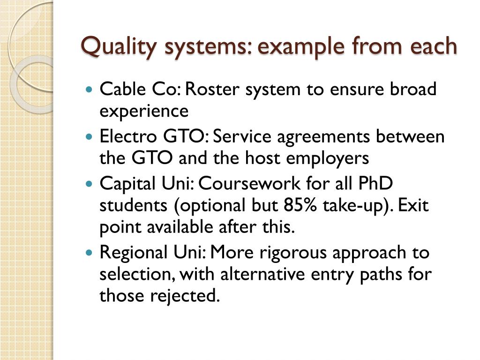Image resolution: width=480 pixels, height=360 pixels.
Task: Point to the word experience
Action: (x=144, y=112)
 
